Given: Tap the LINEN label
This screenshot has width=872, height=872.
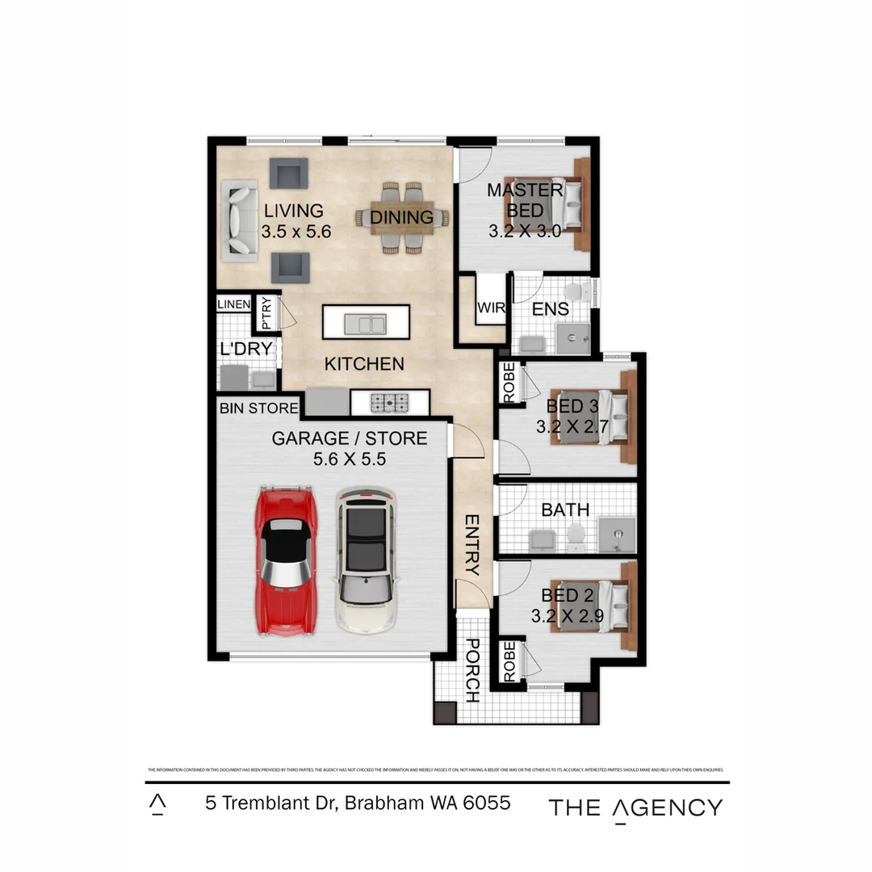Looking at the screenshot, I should tap(234, 304).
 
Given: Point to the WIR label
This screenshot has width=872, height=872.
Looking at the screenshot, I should tap(490, 308).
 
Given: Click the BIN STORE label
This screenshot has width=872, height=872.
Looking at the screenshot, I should tap(259, 409).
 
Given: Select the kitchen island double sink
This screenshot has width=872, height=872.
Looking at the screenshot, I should tap(365, 324).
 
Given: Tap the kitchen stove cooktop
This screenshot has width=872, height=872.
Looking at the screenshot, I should tap(390, 401).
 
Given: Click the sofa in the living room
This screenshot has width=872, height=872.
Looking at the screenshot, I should tap(239, 220).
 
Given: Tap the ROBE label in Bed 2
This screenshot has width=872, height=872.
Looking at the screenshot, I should tap(509, 661).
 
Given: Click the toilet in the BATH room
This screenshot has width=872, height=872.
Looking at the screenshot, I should tap(576, 534).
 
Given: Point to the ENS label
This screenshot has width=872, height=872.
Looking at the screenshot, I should tap(551, 309).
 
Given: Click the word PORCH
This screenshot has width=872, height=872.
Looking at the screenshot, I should tap(473, 670).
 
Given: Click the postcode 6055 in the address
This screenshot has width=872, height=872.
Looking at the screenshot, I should tap(487, 804).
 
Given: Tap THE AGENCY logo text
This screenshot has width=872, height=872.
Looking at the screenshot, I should tap(635, 807).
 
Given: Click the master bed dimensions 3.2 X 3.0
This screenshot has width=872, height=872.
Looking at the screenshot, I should tap(524, 231).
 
